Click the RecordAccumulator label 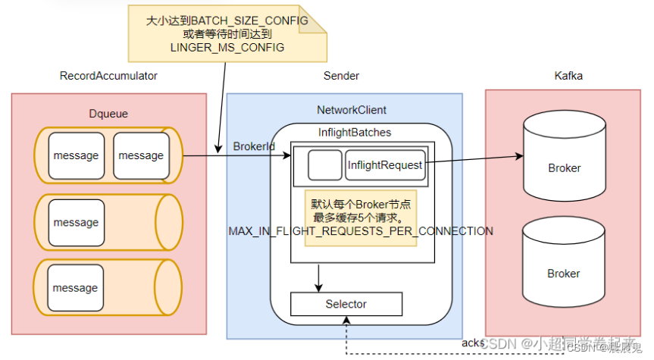[108, 76]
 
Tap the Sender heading [341, 76]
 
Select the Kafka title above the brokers [568, 76]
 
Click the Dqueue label [108, 114]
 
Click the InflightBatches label [355, 133]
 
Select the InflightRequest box [384, 164]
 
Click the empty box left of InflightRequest [324, 164]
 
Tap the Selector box [346, 304]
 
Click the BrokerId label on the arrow [254, 146]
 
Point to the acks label [472, 343]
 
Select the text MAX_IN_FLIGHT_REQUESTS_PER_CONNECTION [361, 231]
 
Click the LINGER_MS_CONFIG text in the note [227, 48]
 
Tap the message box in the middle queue [76, 222]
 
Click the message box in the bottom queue [76, 288]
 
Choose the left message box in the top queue [76, 155]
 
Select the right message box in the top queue [141, 155]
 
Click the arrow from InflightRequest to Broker [474, 158]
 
